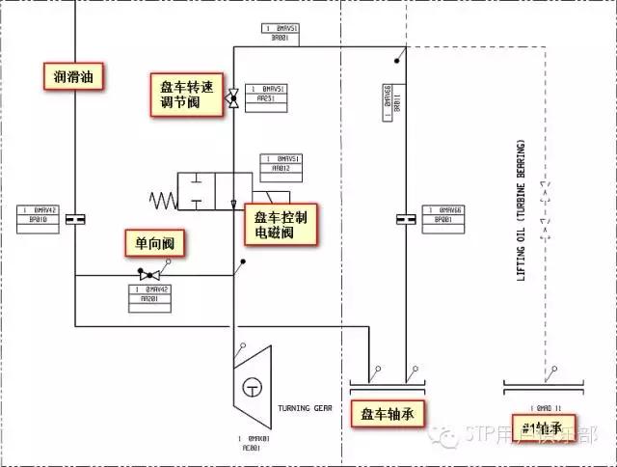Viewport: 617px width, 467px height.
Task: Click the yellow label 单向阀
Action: [152, 244]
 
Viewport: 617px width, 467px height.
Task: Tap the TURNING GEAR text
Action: [304, 408]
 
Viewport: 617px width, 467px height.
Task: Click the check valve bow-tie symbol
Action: [151, 276]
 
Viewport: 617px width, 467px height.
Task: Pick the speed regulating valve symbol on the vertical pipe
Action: [232, 97]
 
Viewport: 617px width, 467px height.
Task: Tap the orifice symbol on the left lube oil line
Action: [75, 221]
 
